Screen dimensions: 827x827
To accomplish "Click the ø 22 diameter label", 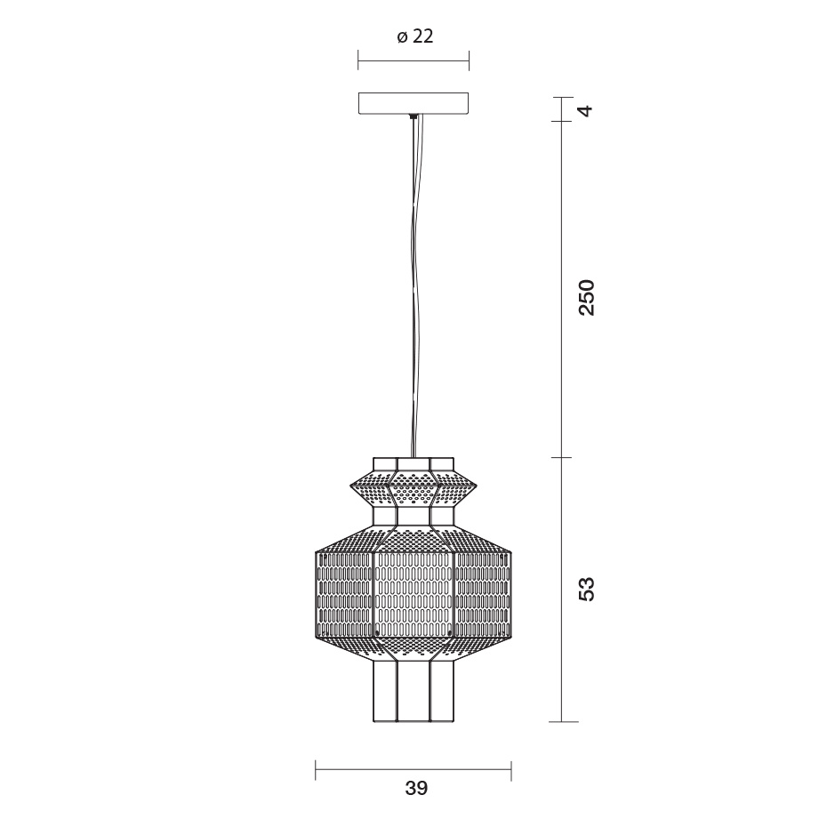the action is tap(415, 36).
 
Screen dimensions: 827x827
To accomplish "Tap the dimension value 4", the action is tap(586, 110).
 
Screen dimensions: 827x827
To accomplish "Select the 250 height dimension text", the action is tap(586, 298).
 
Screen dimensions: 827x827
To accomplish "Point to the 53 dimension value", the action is tap(586, 589).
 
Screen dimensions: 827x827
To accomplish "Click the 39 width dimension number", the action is tap(416, 788).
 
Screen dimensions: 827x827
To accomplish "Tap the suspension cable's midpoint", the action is tap(414, 287).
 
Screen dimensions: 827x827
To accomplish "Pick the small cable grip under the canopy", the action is tap(413, 116).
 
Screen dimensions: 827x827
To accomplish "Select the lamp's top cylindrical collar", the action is tap(413, 464).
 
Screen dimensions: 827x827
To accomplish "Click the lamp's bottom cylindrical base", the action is tap(413, 692).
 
